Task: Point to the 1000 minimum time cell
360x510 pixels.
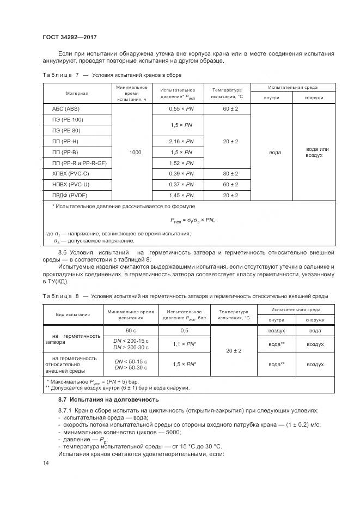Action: pos(135,152)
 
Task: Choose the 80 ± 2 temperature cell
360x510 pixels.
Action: pos(230,173)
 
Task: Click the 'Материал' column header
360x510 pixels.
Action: pos(77,93)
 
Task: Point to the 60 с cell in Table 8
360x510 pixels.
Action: pos(131,331)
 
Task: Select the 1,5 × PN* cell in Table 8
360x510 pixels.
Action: pos(184,363)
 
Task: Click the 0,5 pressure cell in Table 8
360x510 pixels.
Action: pos(184,331)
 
